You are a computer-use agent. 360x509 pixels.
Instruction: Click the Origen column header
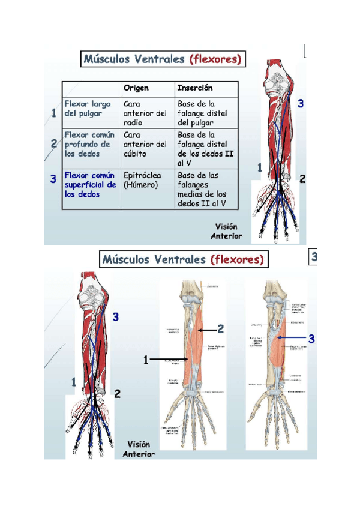click(x=136, y=88)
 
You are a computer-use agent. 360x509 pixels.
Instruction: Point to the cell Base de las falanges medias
click(x=202, y=190)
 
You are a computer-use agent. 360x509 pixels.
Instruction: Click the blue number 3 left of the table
click(x=53, y=179)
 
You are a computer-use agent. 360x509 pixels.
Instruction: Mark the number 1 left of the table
click(x=54, y=113)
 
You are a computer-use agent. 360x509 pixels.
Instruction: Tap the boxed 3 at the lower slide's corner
click(x=313, y=258)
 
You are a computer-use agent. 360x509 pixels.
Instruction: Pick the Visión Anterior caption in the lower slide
click(x=139, y=449)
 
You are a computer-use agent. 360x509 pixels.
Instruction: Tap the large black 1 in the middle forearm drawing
click(x=146, y=360)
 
